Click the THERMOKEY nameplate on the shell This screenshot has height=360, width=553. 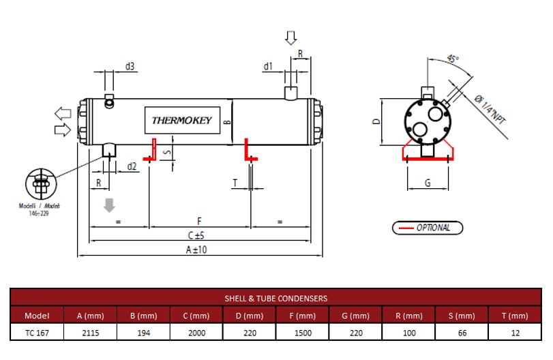coord(182,120)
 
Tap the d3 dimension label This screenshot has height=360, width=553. coord(130,66)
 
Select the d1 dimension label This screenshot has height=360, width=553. coord(268,66)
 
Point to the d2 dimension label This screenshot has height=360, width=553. coord(132,166)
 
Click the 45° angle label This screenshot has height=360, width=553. coord(453,58)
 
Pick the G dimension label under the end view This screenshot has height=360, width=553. coord(428,183)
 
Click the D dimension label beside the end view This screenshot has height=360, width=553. coord(376,121)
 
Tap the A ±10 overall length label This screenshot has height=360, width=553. coord(196,250)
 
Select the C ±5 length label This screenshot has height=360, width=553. coord(196,235)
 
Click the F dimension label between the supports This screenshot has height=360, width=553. coord(199,221)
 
